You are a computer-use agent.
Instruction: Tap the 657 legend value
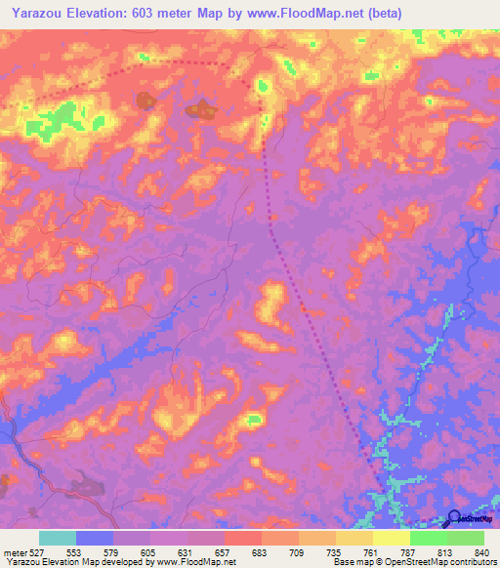pos(225,553)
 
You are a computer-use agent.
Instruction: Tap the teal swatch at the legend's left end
pos(58,538)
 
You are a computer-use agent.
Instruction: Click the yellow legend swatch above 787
pos(392,538)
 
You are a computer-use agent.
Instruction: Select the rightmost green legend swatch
pos(466,538)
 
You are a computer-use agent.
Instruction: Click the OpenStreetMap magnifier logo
pos(455,520)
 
